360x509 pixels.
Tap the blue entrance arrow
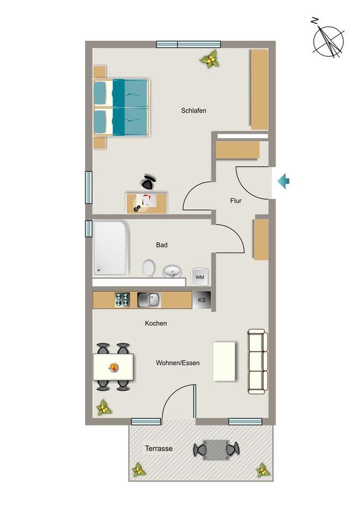(284, 181)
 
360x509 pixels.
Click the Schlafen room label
(194, 111)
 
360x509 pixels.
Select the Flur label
(236, 201)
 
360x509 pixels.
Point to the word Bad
(162, 245)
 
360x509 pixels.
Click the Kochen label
(156, 323)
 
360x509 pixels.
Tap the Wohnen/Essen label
(178, 363)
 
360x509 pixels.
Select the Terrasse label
(159, 449)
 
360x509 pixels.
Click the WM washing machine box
(200, 277)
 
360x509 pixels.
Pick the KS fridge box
(201, 300)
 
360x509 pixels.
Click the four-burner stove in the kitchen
(122, 300)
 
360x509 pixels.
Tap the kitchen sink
(148, 300)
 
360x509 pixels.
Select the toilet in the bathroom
(148, 268)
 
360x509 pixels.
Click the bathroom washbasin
(172, 271)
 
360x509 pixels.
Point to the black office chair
(148, 182)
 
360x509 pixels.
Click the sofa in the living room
(258, 361)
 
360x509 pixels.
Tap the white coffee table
(224, 361)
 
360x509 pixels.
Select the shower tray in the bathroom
(111, 248)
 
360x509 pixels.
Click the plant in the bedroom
(210, 59)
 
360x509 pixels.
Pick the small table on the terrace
(216, 450)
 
